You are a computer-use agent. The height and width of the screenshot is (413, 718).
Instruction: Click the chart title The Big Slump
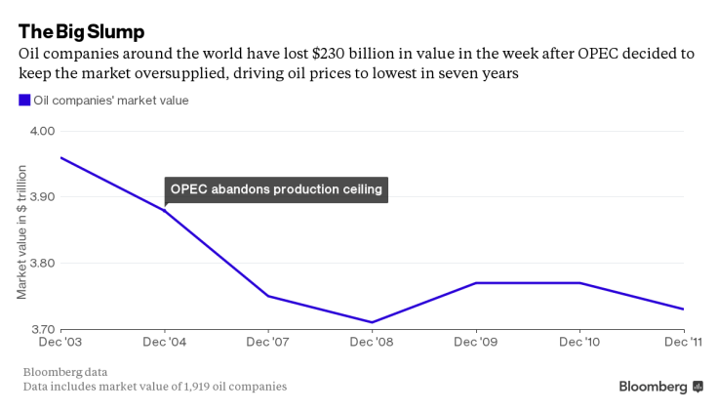81,30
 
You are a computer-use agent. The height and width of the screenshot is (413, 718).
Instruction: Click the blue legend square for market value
24,100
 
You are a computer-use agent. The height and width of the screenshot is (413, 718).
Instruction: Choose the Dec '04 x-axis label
163,343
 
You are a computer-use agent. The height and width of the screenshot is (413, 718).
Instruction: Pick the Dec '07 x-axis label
267,343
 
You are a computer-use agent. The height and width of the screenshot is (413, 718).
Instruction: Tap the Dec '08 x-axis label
372,343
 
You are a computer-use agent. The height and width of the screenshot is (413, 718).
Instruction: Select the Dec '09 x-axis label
476,343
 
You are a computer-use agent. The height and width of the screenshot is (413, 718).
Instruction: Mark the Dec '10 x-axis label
580,343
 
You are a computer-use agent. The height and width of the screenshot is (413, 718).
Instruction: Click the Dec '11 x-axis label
683,343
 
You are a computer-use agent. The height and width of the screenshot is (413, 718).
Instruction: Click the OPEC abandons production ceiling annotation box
276,189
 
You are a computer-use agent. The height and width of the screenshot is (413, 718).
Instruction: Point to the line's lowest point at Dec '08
372,322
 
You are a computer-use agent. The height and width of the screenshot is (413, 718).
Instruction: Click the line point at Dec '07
267,296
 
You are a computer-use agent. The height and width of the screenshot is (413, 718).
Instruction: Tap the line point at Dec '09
476,283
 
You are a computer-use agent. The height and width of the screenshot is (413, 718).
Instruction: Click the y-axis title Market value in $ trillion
21,231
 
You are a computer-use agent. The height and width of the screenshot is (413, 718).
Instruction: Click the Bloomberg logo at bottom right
660,387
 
